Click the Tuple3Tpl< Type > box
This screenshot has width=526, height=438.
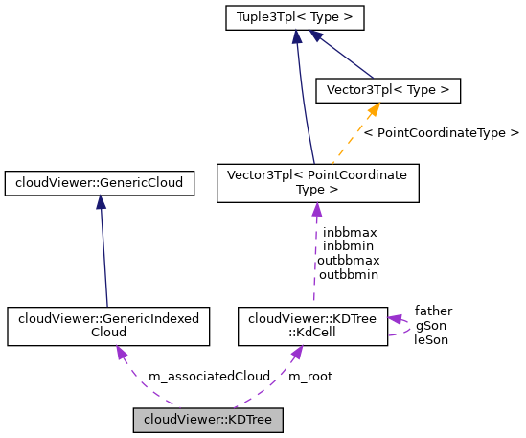296,17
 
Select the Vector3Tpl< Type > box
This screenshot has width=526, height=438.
388,90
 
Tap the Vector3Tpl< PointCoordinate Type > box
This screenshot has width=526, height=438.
317,183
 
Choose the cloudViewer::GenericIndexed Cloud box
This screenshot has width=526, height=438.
107,326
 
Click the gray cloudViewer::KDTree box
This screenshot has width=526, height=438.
208,420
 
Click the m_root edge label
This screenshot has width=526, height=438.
310,377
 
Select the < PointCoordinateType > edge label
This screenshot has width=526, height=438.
441,132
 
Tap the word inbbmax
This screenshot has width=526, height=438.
350,232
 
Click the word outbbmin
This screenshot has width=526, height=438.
349,274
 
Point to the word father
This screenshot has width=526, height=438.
433,311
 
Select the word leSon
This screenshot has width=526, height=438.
430,338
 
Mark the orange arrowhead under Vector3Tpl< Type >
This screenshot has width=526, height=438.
373,111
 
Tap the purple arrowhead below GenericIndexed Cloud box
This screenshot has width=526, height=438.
122,353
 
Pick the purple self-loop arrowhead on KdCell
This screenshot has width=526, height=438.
395,319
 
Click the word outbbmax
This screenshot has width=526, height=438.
349,260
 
